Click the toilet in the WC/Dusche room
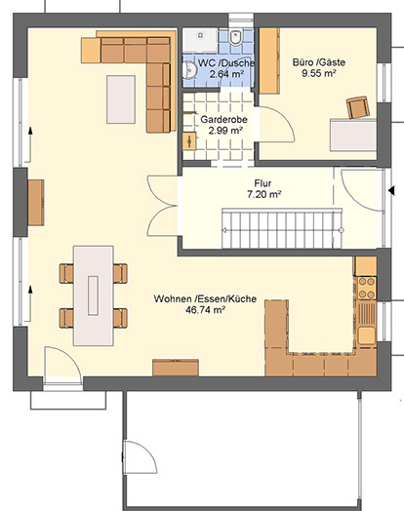[x=235, y=37]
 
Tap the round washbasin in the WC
[x=189, y=70]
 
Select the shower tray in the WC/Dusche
[x=199, y=40]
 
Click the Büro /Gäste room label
[x=319, y=62]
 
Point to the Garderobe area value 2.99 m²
[x=225, y=131]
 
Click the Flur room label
[x=263, y=183]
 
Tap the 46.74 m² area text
[x=206, y=309]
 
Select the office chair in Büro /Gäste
[x=358, y=107]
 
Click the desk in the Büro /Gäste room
[x=353, y=135]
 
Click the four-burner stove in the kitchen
[x=367, y=288]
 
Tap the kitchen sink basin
[x=367, y=335]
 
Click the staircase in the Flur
[x=282, y=228]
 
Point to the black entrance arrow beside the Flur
[x=391, y=190]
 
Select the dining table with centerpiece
[x=94, y=295]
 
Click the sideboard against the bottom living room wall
[x=176, y=368]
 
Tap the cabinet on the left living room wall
[x=36, y=203]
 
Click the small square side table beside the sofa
[x=91, y=50]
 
